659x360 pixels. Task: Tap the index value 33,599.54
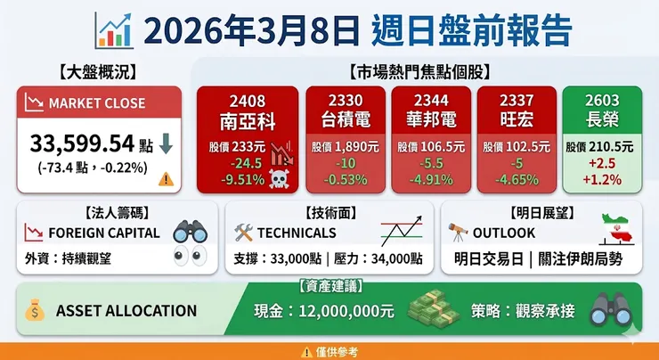point(82,143)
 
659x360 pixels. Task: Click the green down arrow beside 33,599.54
point(167,143)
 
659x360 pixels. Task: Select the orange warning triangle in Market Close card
point(166,178)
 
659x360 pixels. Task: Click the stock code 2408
point(245,100)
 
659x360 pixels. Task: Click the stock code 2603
point(601,100)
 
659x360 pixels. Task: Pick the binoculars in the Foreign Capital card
point(190,232)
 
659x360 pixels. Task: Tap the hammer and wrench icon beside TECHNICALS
point(243,233)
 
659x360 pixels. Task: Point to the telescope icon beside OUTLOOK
point(459,232)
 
